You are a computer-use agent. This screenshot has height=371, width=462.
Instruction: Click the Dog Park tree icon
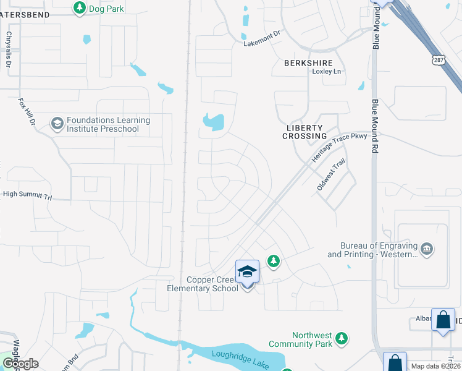click(79, 7)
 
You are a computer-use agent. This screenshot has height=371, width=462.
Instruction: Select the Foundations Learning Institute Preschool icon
click(57, 124)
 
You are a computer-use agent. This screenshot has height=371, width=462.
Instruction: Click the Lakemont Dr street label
click(261, 43)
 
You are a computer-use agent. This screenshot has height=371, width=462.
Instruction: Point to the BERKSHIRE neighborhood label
click(308, 63)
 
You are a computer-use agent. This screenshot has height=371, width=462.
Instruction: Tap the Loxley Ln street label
click(326, 72)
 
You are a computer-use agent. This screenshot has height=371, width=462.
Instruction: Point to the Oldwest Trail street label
click(331, 175)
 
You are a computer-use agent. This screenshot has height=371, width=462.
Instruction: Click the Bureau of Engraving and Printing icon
click(426, 250)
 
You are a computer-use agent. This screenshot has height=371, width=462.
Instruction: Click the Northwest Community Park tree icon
click(340, 338)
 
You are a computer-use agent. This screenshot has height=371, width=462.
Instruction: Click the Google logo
click(20, 364)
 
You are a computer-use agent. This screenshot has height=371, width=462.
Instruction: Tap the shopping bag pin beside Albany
click(443, 320)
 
